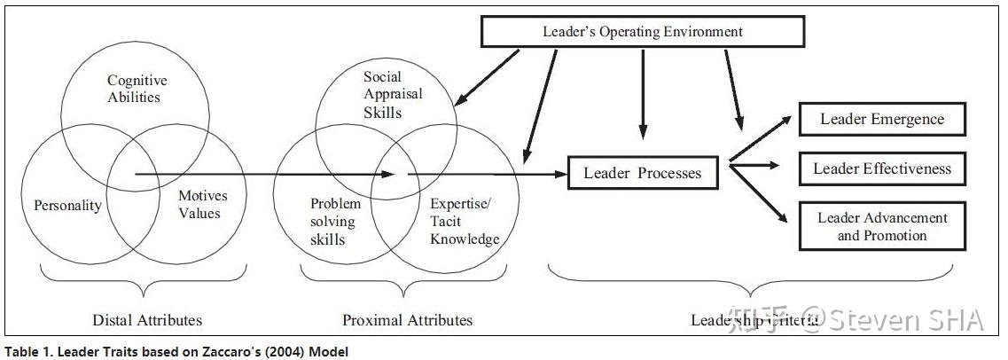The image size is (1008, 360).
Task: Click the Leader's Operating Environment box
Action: point(642,32)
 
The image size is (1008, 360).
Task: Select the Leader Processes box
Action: point(642,173)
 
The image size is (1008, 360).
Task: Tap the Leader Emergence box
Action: point(881,119)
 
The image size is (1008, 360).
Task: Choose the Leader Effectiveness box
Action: point(881,168)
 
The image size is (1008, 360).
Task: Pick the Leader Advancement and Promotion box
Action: point(881,226)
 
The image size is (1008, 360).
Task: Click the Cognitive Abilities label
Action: point(137,90)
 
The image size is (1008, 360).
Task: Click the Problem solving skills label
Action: point(334,222)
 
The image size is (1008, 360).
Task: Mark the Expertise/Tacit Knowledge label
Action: point(462,222)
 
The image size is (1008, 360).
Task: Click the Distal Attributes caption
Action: point(147,320)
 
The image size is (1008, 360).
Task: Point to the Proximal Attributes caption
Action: point(407,320)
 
